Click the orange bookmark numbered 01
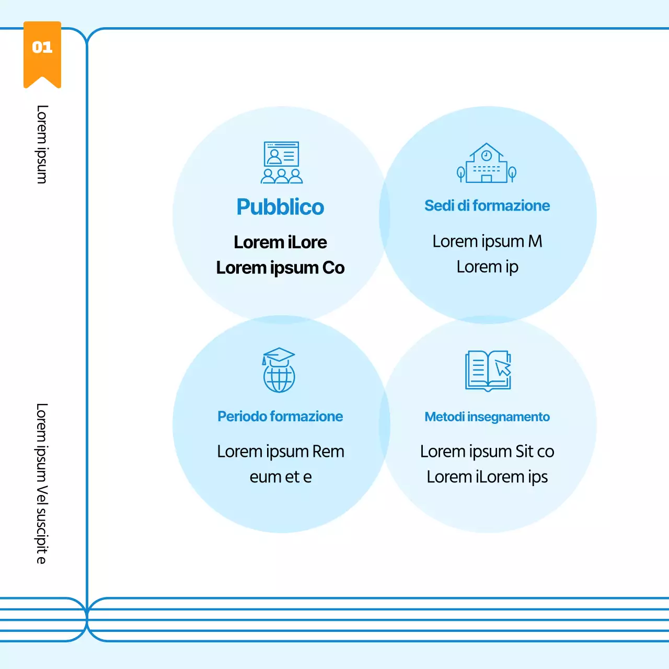coord(42,52)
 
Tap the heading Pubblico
coord(280,207)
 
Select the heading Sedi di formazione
coord(487,205)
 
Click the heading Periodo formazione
coord(280,417)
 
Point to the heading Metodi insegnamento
coord(487,417)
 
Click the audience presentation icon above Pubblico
coord(282,163)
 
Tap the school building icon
coord(487,164)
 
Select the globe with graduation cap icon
coord(279,370)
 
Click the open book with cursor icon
coord(488,371)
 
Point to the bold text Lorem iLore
coord(280,243)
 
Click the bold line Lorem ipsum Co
coord(280,268)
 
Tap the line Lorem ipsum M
coord(487,241)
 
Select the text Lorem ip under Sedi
coord(487,267)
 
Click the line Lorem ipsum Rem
coord(280,452)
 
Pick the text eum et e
coord(280,477)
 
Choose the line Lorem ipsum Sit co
coord(487,452)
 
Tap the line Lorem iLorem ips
coord(487,477)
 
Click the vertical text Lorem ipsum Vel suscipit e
coord(42,483)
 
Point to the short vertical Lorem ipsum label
coord(42,144)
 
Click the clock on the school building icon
coord(487,155)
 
